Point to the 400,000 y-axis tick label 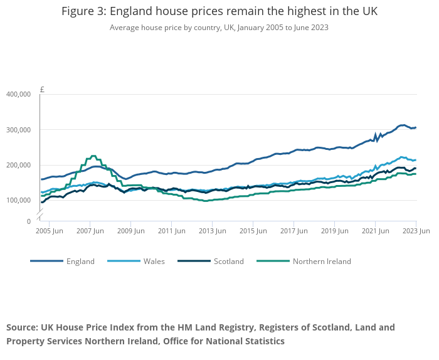point(18,94)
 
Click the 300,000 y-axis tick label point(18,130)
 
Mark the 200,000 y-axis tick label point(18,165)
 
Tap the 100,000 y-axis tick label point(18,200)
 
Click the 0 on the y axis point(28,221)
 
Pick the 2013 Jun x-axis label point(211,231)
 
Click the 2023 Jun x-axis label point(415,231)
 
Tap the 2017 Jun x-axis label point(293,231)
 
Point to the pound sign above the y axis point(42,89)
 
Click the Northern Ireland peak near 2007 point(93,156)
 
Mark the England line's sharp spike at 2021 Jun point(375,134)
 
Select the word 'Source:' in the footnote point(22,327)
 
